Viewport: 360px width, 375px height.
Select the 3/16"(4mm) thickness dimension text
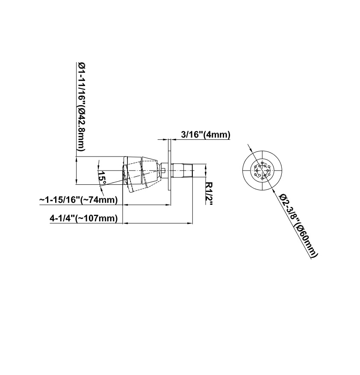pyautogui.click(x=206, y=135)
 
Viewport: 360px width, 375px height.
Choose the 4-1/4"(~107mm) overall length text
pyautogui.click(x=84, y=218)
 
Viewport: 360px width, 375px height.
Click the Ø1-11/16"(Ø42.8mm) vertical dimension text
pyautogui.click(x=81, y=107)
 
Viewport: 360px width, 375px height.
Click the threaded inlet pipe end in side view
pyautogui.click(x=184, y=170)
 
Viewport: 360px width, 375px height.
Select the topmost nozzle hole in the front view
pyautogui.click(x=263, y=162)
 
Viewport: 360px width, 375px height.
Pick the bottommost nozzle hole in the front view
pyautogui.click(x=263, y=178)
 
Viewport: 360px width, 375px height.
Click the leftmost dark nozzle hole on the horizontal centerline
pyautogui.click(x=257, y=170)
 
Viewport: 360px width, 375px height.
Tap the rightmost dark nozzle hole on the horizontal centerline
pyautogui.click(x=268, y=170)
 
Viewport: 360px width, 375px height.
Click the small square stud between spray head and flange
pyautogui.click(x=164, y=170)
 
